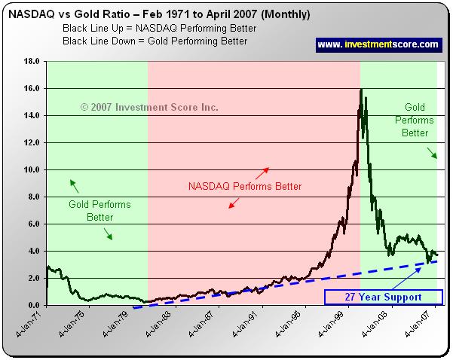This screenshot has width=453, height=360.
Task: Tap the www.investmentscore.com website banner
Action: [378, 44]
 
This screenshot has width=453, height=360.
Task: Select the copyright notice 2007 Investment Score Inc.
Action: [149, 108]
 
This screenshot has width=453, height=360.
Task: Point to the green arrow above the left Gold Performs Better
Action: [74, 184]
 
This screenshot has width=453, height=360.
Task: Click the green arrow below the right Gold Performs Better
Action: [432, 153]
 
